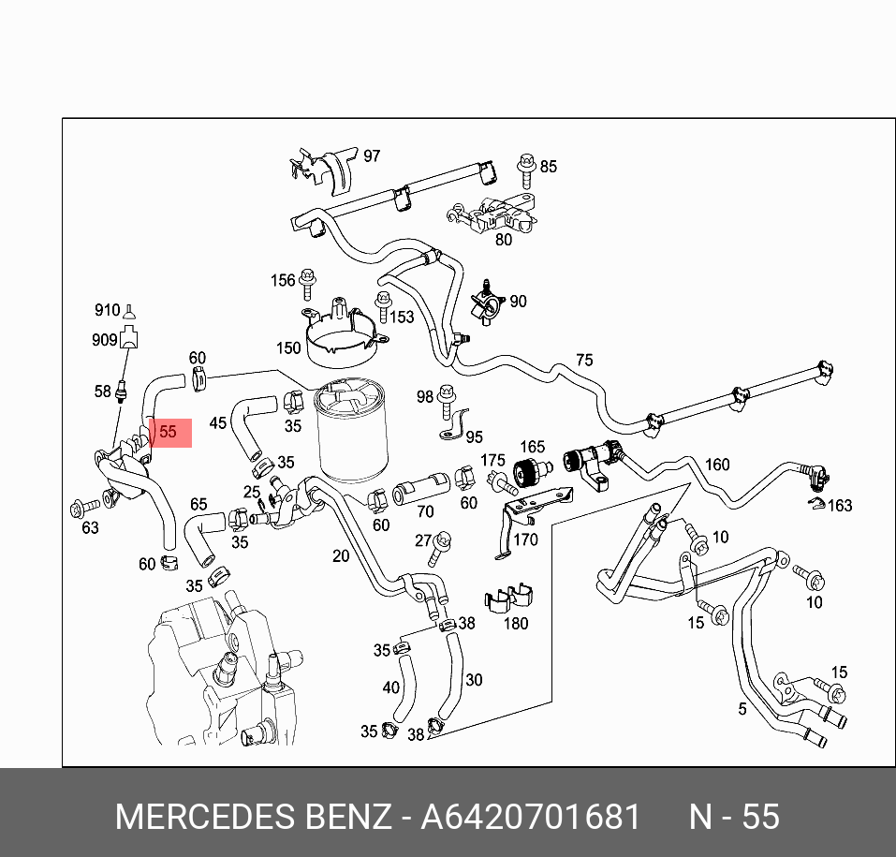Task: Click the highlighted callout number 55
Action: [169, 433]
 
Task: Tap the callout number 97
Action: [372, 156]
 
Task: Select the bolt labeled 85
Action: [524, 171]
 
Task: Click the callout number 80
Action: [504, 239]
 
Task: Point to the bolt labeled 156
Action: [309, 280]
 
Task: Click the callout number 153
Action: [402, 318]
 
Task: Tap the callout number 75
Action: [584, 361]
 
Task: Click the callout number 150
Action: [288, 348]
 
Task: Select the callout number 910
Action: [107, 311]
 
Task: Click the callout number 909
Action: [105, 340]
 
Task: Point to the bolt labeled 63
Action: [80, 509]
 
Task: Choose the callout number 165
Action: [532, 448]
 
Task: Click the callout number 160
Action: [716, 465]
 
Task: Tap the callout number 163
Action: [840, 506]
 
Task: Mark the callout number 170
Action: [526, 539]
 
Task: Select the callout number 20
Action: [341, 556]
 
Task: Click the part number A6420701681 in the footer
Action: [530, 817]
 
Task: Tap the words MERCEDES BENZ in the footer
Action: [253, 817]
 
